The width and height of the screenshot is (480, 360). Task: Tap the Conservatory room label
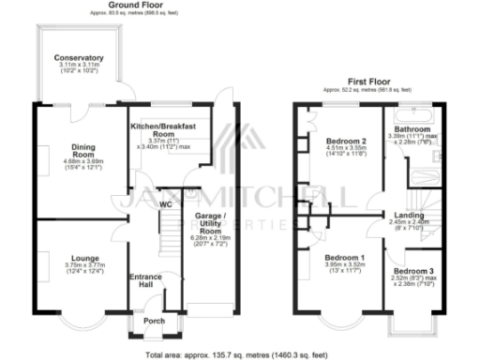(79, 58)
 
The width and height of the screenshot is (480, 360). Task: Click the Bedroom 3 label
(412, 268)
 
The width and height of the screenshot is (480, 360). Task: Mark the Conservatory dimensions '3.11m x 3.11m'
(79, 66)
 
